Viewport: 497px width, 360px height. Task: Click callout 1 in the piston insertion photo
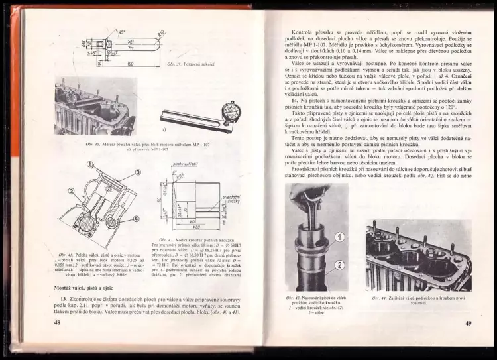(x=338, y=237)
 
